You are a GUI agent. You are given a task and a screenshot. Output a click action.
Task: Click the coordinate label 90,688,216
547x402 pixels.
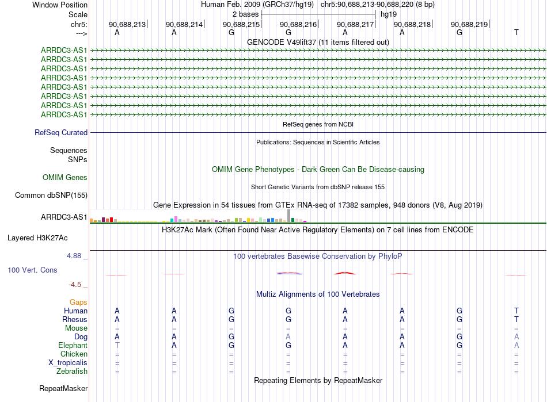(x=298, y=24)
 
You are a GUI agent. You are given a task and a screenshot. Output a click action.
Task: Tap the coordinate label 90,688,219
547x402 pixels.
(x=469, y=24)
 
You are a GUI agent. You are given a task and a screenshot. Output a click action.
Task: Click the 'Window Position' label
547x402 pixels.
(x=60, y=5)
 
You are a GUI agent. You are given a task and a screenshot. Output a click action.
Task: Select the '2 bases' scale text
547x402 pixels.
(x=245, y=14)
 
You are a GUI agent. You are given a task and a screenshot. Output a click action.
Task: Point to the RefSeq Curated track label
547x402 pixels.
(x=60, y=133)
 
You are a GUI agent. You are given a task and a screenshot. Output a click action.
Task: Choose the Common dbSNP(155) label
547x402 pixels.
(x=51, y=196)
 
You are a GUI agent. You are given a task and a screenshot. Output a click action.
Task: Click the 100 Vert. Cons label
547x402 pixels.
(x=32, y=270)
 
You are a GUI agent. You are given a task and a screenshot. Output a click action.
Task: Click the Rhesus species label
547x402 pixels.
(x=74, y=320)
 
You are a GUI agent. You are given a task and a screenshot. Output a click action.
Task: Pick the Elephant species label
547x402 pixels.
(x=73, y=346)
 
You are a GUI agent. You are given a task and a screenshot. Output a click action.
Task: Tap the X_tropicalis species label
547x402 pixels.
(x=67, y=363)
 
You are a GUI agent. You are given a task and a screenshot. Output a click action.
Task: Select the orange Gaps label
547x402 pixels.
(x=78, y=302)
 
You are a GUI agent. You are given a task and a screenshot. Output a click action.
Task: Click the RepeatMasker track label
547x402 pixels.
(x=63, y=389)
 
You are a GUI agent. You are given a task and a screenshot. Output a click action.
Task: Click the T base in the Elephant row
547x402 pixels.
(x=117, y=346)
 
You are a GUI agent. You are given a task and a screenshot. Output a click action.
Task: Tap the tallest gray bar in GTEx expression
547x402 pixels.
(x=288, y=215)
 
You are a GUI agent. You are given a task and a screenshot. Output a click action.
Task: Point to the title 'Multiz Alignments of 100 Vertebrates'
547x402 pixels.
(x=318, y=294)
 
